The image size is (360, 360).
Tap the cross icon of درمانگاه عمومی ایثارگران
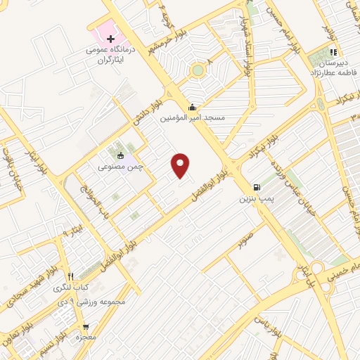click(x=110, y=38)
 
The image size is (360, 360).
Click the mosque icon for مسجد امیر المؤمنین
click(x=193, y=107)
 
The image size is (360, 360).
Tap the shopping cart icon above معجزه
click(x=86, y=327)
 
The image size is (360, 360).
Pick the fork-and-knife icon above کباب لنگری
click(x=70, y=276)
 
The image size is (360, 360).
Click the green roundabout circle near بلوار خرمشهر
click(x=198, y=70)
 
